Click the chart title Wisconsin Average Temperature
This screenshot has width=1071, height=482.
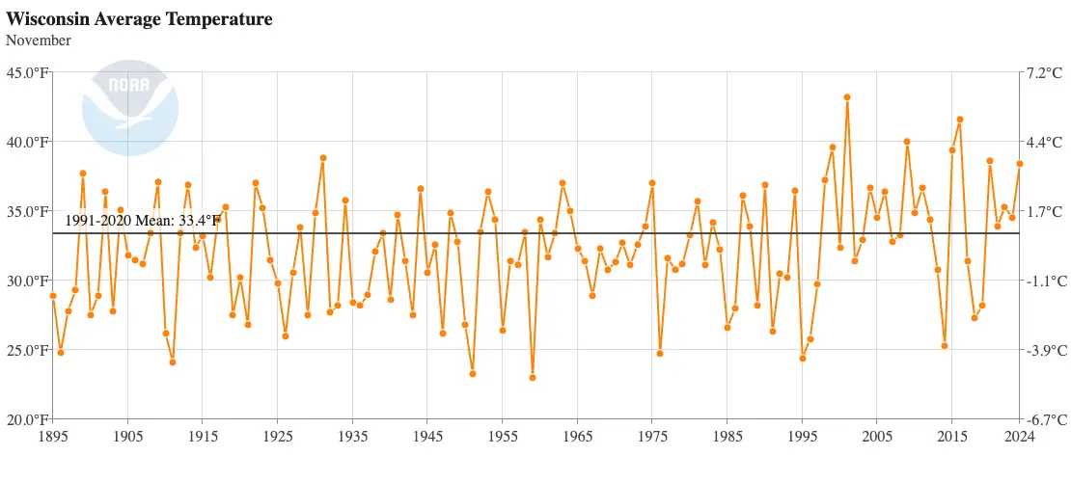tap(139, 19)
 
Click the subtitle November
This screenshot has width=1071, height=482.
tap(39, 40)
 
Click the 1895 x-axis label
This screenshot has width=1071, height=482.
tap(53, 437)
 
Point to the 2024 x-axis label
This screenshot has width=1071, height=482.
tap(1019, 437)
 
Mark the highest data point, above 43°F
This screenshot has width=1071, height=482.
tap(847, 97)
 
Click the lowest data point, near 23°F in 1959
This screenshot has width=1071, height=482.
tap(533, 378)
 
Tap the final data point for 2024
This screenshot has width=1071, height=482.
tap(1019, 164)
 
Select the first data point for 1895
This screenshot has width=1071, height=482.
tap(53, 296)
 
